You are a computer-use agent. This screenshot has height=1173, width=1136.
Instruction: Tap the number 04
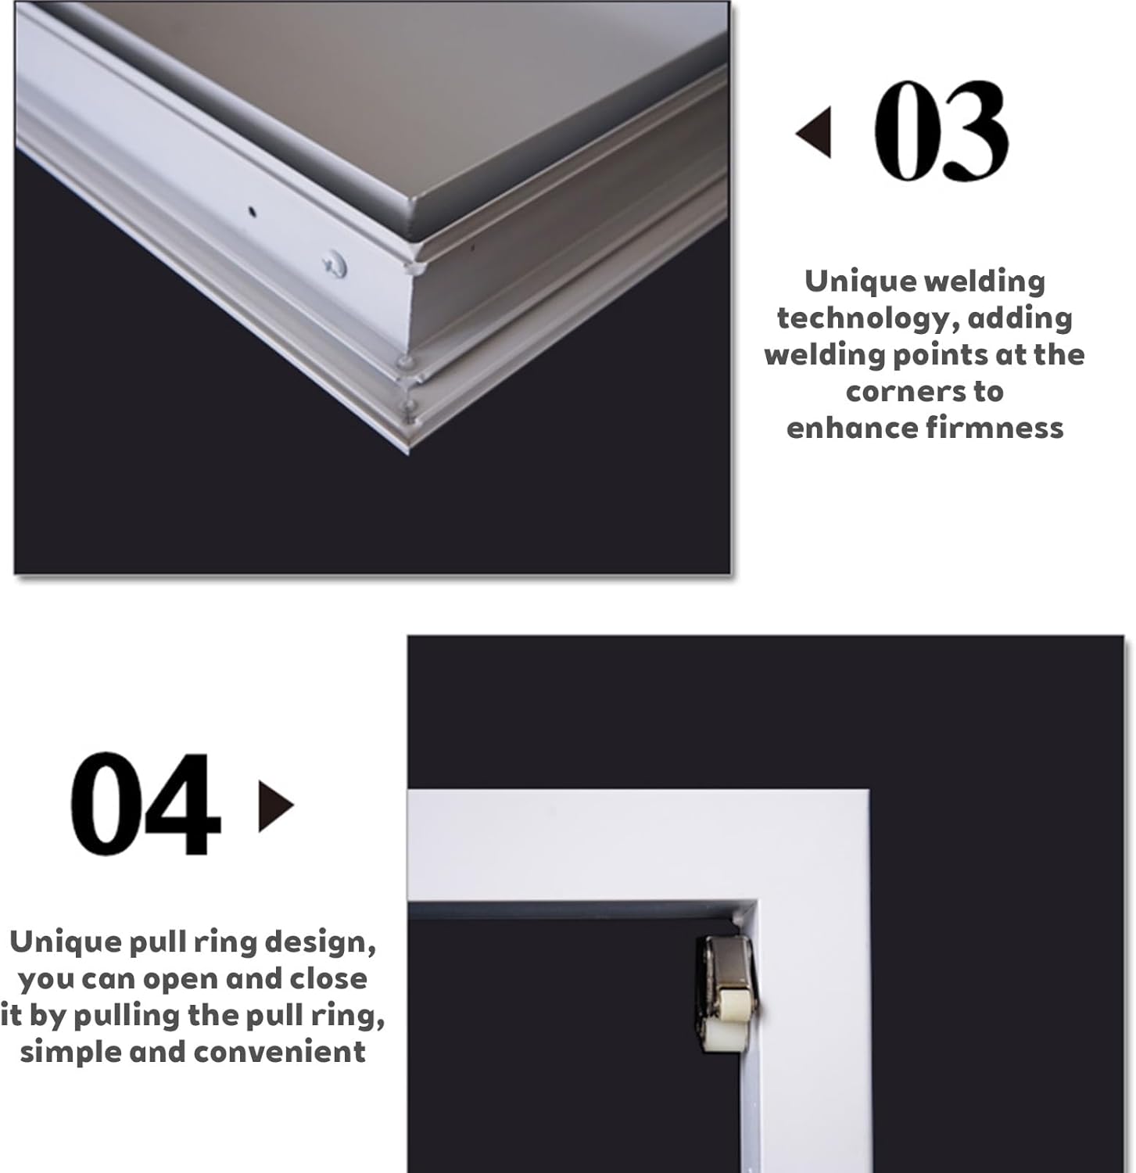145,805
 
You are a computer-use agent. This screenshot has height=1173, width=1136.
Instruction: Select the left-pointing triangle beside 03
815,132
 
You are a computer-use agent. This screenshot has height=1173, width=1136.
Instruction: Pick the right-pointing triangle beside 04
275,805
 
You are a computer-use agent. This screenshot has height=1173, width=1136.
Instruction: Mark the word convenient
280,1052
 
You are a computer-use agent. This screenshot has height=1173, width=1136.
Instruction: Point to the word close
328,979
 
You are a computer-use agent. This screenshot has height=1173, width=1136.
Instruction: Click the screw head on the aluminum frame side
336,265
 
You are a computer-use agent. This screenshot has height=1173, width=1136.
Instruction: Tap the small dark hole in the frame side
252,210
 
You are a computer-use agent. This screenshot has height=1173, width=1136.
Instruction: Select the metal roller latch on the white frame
724,992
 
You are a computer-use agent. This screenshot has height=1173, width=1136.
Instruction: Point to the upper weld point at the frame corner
405,361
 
